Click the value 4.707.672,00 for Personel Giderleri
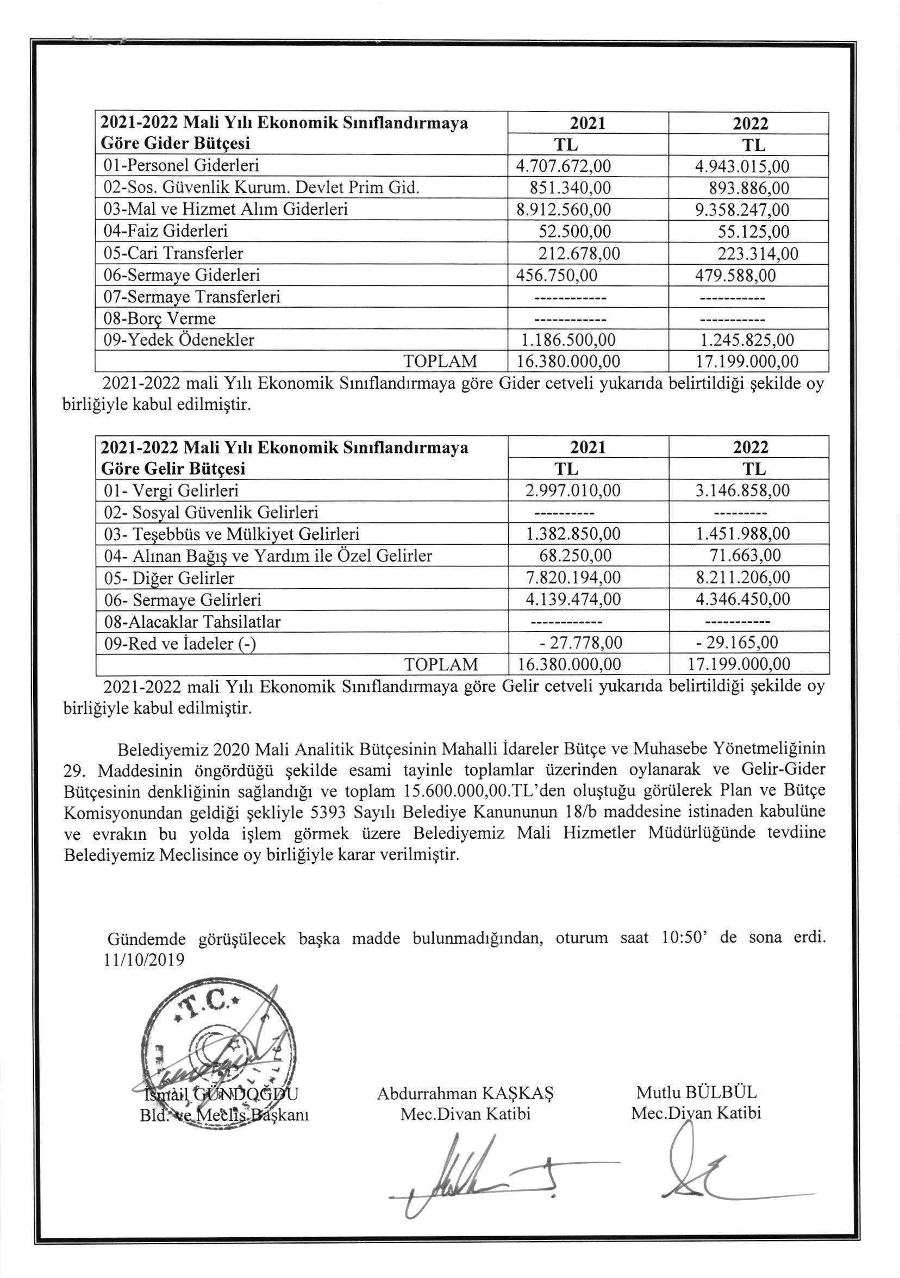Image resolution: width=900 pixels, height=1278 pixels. tap(564, 166)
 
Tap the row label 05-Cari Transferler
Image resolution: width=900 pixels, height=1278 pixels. tap(174, 254)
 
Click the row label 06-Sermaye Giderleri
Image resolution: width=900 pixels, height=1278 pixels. tap(182, 276)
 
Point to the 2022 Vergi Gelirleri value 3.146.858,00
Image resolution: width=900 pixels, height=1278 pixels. tap(742, 491)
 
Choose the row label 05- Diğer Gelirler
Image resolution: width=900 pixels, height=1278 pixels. tap(169, 578)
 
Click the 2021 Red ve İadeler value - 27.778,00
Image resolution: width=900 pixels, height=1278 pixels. tap(580, 644)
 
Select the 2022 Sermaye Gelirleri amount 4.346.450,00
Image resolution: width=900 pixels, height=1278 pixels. tap(742, 600)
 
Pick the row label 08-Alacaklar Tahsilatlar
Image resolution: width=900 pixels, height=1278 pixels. tap(192, 622)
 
